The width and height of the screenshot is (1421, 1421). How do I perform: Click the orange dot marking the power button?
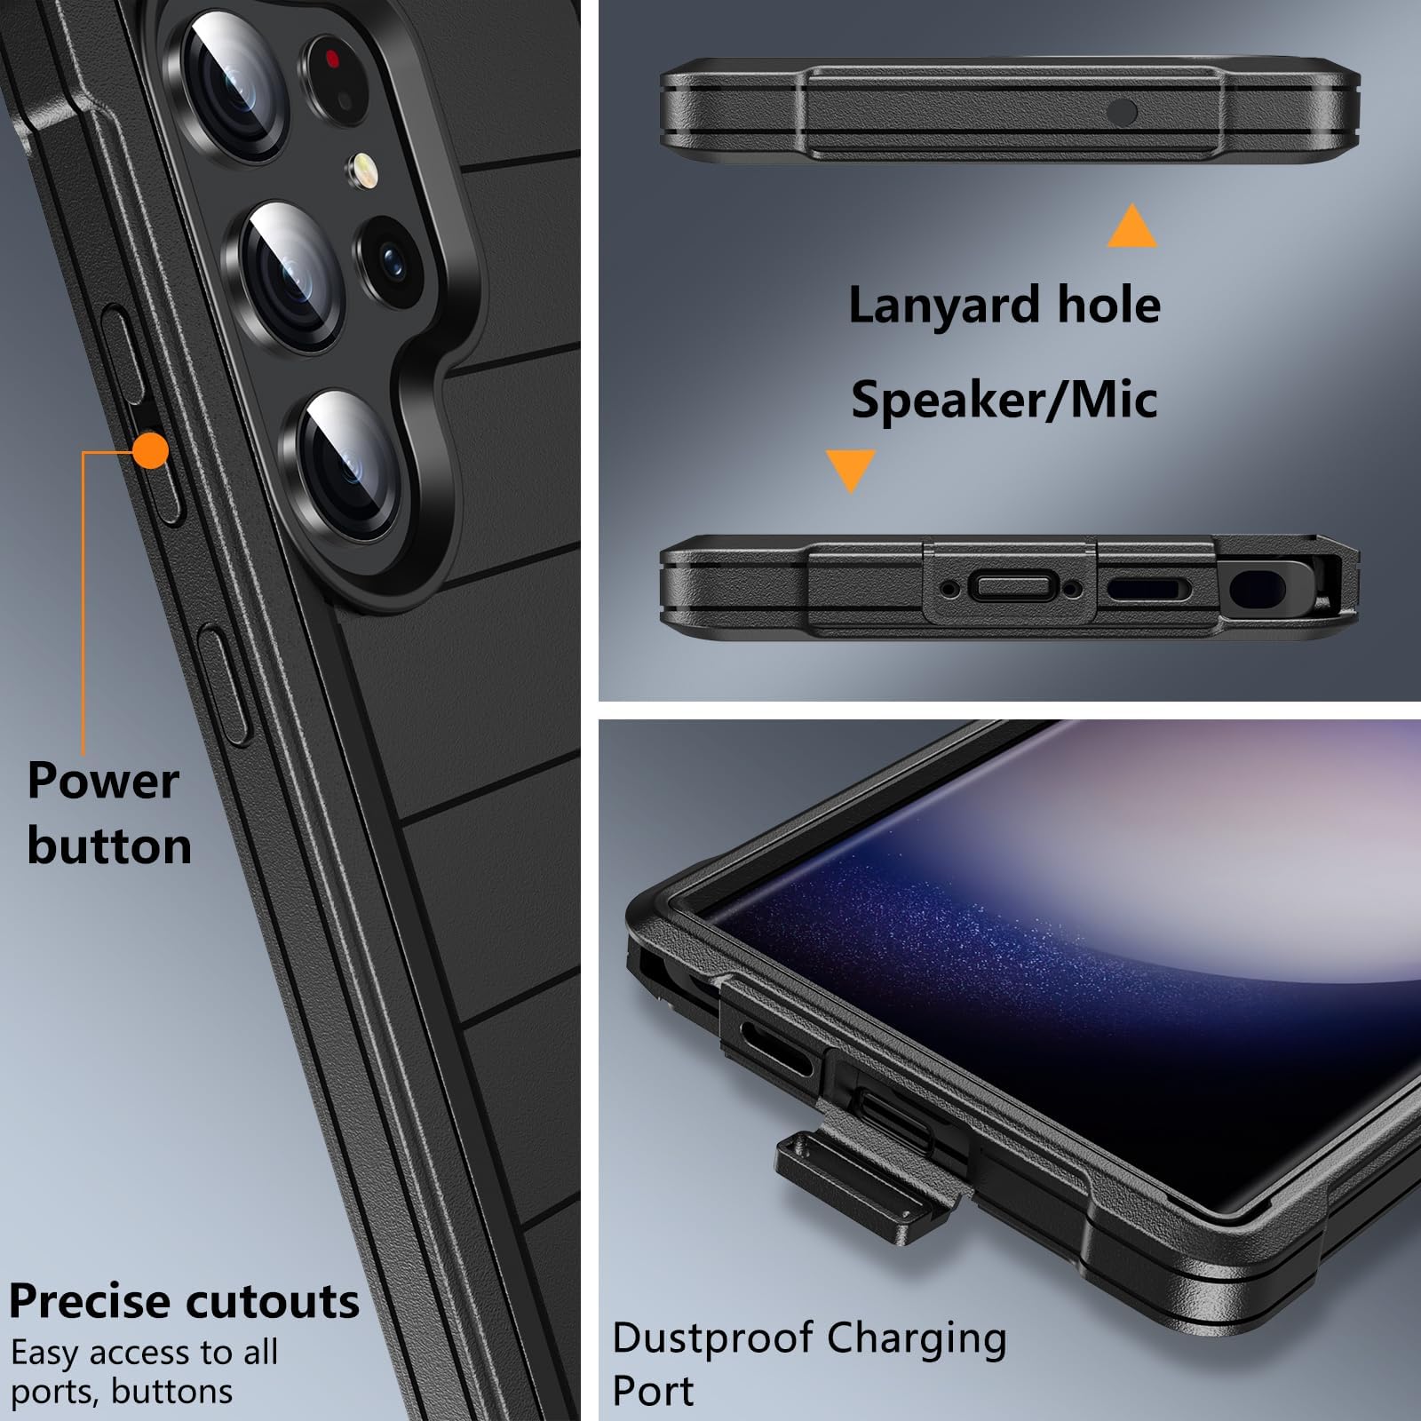tap(151, 450)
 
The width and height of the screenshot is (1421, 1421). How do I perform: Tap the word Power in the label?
tap(103, 781)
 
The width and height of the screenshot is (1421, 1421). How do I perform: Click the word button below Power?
tap(109, 845)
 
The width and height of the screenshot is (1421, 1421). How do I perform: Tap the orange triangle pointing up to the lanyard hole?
tap(1131, 226)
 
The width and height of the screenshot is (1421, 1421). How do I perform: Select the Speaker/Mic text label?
tap(1004, 399)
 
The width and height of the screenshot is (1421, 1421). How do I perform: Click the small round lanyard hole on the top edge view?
tap(1122, 112)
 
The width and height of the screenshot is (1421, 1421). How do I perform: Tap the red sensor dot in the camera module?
tap(332, 60)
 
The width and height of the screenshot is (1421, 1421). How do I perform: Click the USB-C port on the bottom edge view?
tap(1012, 586)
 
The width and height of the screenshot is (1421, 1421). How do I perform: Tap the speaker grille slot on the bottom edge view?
tap(1147, 588)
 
